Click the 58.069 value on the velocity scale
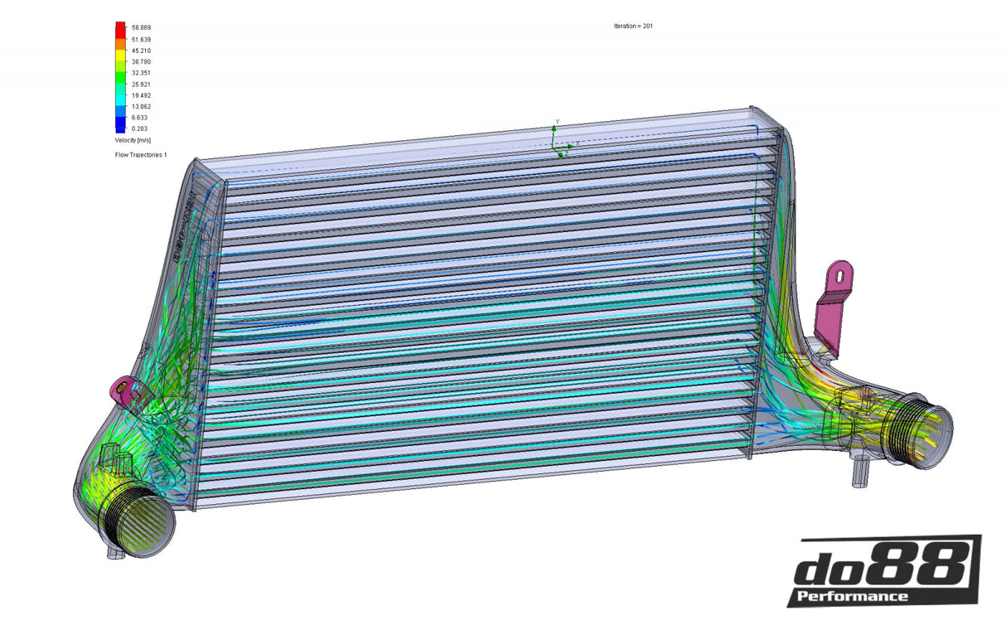tap(141, 28)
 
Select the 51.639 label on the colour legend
tap(141, 40)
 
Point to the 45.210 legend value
tap(141, 51)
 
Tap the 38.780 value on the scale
tap(141, 62)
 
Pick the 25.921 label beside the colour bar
tap(141, 85)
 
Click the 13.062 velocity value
tap(141, 107)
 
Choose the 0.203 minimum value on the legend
tap(139, 129)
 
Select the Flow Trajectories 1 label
tap(141, 155)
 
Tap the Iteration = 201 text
tap(633, 27)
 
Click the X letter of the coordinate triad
tap(577, 145)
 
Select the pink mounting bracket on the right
tap(833, 303)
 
